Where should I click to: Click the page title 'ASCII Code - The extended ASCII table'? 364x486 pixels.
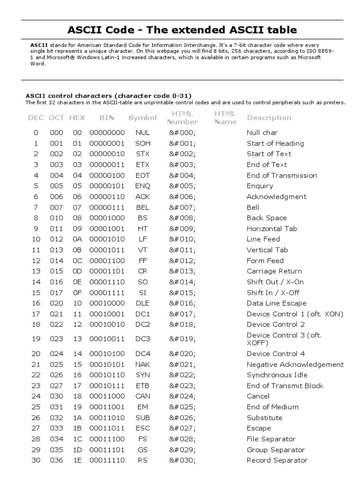tap(182, 30)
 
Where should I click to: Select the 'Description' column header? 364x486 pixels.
tap(269, 118)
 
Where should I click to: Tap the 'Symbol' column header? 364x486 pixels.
tap(142, 118)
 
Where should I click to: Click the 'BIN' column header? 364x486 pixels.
tap(107, 118)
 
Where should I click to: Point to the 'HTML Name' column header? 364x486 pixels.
tap(225, 118)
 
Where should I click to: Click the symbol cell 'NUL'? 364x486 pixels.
tap(142, 133)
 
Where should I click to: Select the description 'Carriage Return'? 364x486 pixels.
tap(274, 271)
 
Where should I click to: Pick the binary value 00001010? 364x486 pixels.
tap(107, 239)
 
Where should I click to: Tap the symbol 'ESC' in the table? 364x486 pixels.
tap(142, 428)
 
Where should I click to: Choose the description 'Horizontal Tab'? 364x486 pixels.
tap(272, 229)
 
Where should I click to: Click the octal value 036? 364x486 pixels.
tap(56, 460)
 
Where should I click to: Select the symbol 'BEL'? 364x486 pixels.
tap(142, 207)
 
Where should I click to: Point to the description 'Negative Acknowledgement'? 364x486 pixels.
tap(295, 364)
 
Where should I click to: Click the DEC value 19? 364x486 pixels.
tap(36, 339)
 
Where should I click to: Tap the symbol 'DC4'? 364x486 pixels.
tap(142, 354)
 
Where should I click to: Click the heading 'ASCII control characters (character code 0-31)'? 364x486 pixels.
tap(109, 95)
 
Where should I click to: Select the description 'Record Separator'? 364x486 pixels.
tap(277, 460)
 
